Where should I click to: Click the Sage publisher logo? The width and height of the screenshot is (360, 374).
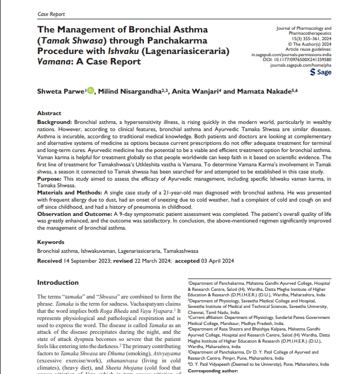(321, 72)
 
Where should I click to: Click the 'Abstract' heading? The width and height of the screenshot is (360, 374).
(49, 113)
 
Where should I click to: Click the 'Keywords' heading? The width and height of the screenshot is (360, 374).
(51, 242)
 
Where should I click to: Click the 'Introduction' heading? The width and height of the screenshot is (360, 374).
(58, 283)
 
